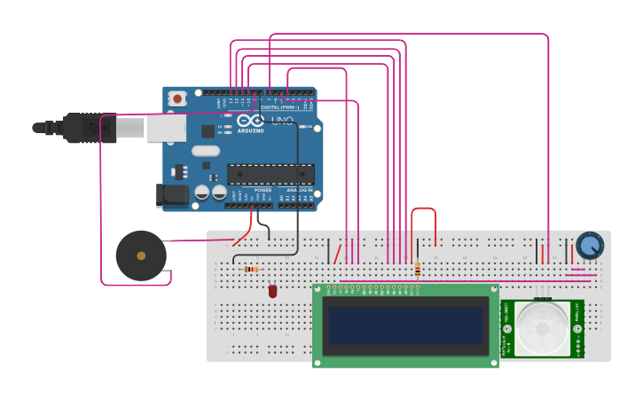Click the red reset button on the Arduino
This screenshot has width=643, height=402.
tap(177, 99)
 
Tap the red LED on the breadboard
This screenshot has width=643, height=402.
tap(272, 291)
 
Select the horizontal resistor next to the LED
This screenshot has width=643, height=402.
tap(251, 269)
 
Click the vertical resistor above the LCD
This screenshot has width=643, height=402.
tap(417, 268)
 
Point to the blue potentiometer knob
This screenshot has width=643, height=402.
tap(590, 245)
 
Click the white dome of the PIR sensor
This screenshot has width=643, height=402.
tap(542, 327)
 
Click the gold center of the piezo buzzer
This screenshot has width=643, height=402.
tap(141, 256)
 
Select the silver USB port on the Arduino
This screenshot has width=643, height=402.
tap(165, 129)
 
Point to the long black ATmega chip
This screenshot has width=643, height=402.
tap(271, 174)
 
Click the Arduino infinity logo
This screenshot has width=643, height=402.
tap(251, 121)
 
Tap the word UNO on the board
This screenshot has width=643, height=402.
tap(282, 121)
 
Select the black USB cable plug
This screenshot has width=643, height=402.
tap(89, 129)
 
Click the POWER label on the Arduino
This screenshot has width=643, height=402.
tap(263, 190)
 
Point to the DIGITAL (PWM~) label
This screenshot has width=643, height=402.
tap(278, 107)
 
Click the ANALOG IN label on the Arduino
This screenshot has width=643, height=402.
tap(299, 190)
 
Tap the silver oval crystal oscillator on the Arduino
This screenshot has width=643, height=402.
tap(205, 150)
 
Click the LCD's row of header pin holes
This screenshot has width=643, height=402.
tap(372, 288)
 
